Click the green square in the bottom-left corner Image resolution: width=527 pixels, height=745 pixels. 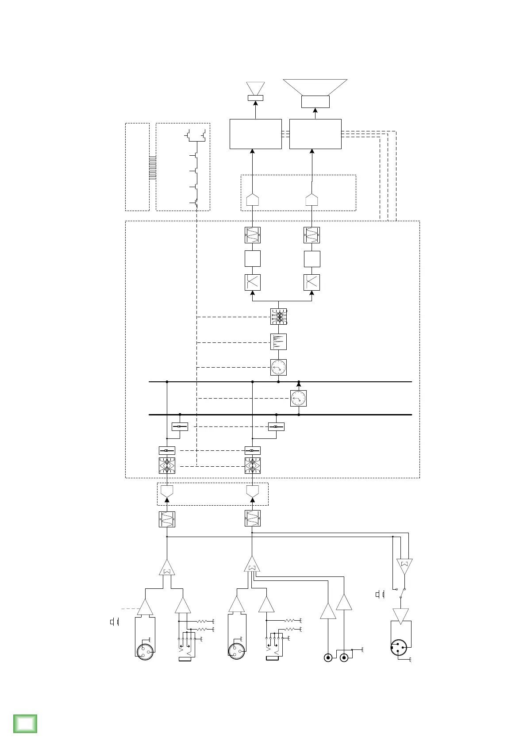tap(25, 723)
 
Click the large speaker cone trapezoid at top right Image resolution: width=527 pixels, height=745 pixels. tap(315, 87)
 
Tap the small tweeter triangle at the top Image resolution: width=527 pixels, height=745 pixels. tap(255, 88)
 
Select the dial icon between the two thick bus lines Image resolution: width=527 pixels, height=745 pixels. tap(298, 398)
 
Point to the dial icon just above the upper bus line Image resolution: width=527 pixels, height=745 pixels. tap(278, 367)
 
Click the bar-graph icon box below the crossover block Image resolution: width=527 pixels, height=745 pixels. tap(278, 342)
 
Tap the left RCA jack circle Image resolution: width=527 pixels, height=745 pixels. tap(328, 657)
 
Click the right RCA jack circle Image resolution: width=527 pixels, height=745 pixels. tap(344, 657)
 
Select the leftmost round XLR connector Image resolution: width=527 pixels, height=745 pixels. tap(145, 651)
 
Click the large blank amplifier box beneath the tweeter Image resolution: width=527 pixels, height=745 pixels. tap(255, 134)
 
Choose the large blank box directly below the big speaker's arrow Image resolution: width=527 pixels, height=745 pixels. tap(315, 134)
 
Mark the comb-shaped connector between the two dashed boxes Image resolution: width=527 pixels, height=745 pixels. tap(153, 167)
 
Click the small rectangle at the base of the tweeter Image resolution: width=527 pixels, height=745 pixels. tap(255, 98)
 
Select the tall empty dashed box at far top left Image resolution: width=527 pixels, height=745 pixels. tap(137, 167)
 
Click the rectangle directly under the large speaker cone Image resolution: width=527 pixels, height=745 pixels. tap(315, 101)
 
